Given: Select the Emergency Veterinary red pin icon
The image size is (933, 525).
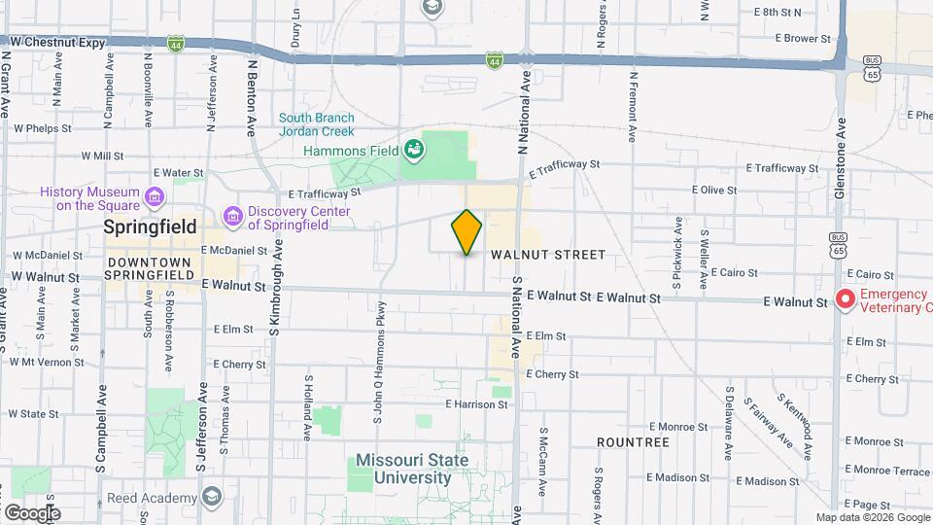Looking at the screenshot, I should tap(845, 300).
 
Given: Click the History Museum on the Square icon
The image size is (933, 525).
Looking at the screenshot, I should tap(154, 199).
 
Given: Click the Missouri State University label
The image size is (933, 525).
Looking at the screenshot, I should tap(412, 469).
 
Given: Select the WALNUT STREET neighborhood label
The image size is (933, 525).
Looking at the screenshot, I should tap(548, 255).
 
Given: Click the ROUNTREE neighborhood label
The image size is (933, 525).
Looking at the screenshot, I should tap(634, 442).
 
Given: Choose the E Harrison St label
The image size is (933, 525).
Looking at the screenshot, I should tap(477, 403).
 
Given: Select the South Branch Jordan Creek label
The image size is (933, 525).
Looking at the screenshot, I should tap(318, 124).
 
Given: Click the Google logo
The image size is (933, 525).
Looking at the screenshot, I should tap(31, 512).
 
